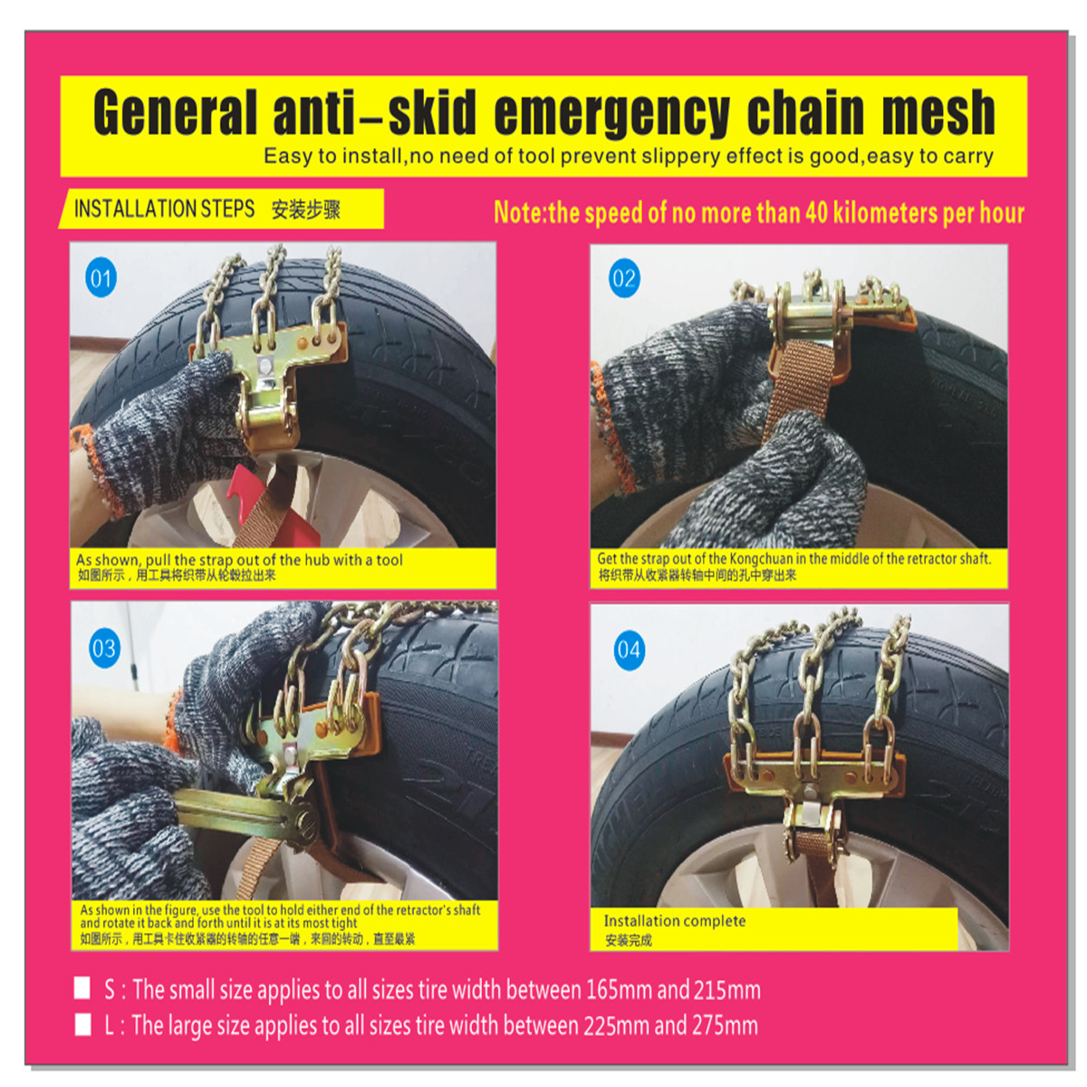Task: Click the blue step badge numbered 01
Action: coord(101,278)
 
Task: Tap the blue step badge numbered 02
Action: coord(624,278)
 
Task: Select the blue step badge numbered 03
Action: coord(104,649)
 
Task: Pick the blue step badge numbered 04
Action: coord(629,650)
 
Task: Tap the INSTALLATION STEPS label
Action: coord(164,209)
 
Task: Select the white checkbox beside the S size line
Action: coord(82,988)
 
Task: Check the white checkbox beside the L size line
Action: coord(82,1024)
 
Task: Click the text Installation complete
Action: coord(675,921)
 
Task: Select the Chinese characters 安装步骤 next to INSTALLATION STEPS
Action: coord(306,210)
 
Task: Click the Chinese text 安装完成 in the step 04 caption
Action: coord(629,940)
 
